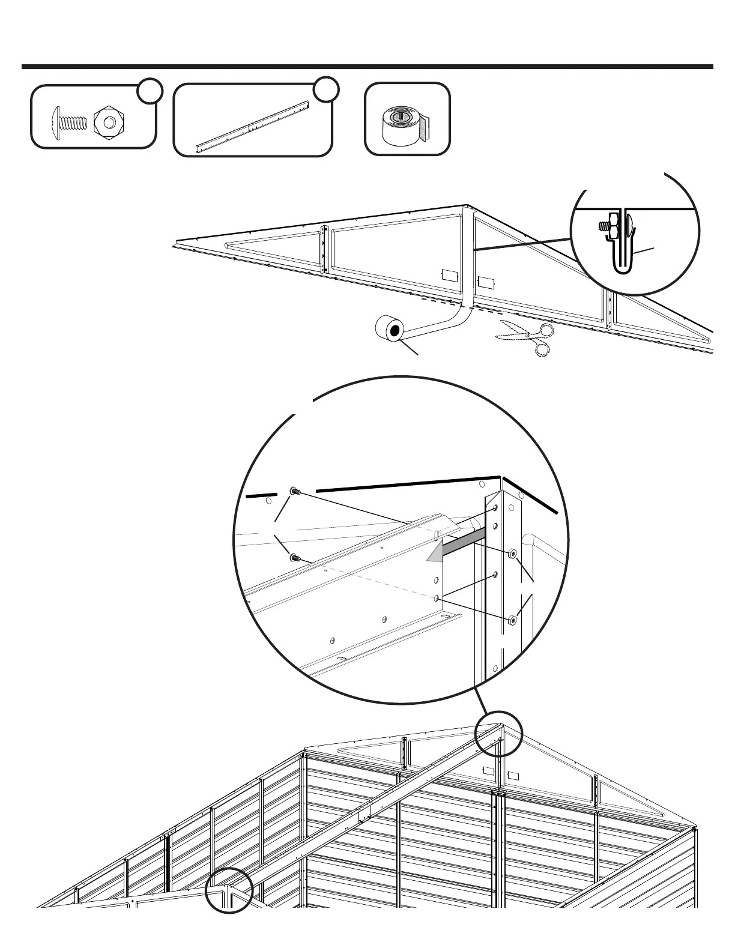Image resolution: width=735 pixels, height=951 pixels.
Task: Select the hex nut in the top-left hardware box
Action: point(108,122)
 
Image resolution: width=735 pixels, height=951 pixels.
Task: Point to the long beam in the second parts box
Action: point(252,127)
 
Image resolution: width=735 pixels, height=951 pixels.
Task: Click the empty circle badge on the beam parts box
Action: point(327,89)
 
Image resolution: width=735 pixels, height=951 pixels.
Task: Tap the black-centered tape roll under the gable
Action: point(390,330)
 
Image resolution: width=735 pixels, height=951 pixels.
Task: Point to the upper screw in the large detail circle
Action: point(294,492)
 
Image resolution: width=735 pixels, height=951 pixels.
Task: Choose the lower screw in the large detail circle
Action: point(294,558)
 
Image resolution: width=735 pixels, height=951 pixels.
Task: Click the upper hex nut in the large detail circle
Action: point(512,553)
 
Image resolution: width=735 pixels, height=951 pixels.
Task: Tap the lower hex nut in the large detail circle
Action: point(512,620)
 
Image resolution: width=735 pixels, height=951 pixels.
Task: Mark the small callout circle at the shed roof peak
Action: point(498,734)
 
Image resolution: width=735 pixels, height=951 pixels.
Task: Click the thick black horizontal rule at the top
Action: point(367,67)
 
